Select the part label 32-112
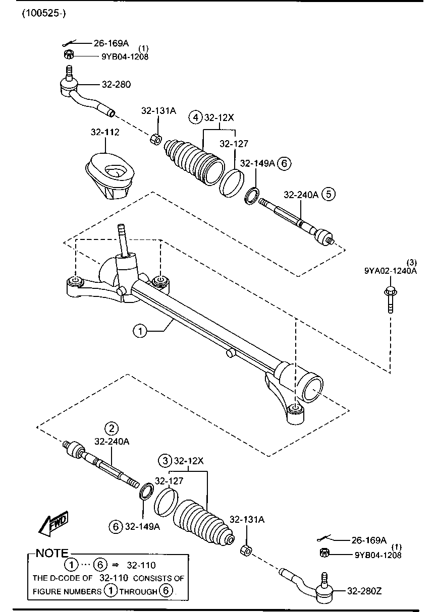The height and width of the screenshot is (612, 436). click(x=105, y=132)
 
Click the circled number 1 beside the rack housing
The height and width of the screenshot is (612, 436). click(x=140, y=331)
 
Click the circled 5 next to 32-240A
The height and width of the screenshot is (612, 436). click(x=329, y=194)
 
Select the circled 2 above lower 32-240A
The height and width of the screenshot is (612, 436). click(x=112, y=429)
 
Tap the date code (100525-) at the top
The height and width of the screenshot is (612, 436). click(x=44, y=13)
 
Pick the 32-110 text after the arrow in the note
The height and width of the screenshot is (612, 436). click(x=141, y=565)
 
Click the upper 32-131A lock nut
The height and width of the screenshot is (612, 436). click(x=156, y=138)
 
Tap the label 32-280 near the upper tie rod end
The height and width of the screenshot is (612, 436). click(x=117, y=84)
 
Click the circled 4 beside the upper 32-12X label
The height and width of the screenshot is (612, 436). click(x=195, y=117)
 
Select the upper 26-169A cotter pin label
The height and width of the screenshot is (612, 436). click(x=111, y=43)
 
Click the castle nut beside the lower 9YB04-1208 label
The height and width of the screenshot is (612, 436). click(x=324, y=553)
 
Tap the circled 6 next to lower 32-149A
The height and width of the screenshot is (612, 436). click(x=116, y=526)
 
